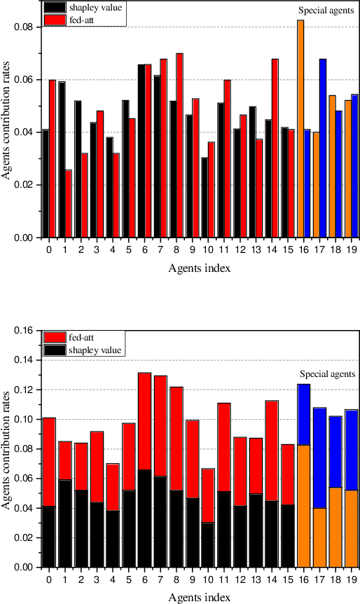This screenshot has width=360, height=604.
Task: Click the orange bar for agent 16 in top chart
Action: tap(300, 130)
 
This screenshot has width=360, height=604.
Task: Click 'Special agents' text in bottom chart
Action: tap(327, 374)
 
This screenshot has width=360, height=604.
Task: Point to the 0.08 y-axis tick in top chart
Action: tap(26, 27)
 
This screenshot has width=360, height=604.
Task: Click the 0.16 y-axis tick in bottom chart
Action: tap(26, 330)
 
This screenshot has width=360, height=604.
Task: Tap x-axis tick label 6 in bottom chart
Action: tap(144, 579)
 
